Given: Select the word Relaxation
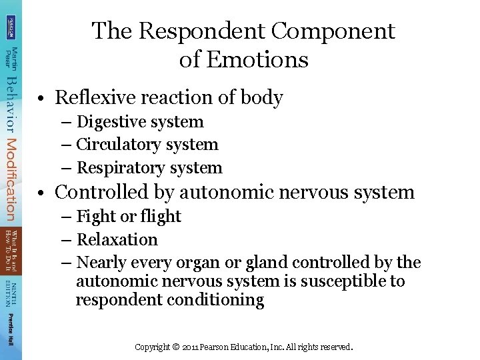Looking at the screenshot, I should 117,240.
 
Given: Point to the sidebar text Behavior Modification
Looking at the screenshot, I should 11,147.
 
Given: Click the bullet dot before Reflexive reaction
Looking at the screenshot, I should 41,99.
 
